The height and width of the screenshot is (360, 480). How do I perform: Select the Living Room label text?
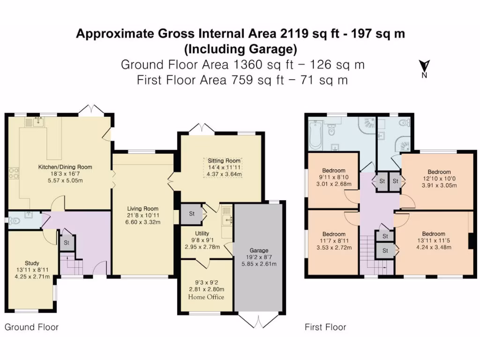click(x=143, y=209)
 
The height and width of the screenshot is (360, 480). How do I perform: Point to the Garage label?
click(x=259, y=250)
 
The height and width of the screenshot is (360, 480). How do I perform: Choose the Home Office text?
click(x=206, y=297)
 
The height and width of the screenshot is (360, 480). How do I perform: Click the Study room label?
click(x=32, y=263)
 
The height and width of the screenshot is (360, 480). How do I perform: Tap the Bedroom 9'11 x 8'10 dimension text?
click(x=333, y=177)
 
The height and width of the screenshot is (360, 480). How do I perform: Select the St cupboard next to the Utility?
click(x=191, y=214)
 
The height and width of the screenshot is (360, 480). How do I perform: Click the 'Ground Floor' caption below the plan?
click(x=31, y=327)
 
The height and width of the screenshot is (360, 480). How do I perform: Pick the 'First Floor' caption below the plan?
click(x=325, y=327)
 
